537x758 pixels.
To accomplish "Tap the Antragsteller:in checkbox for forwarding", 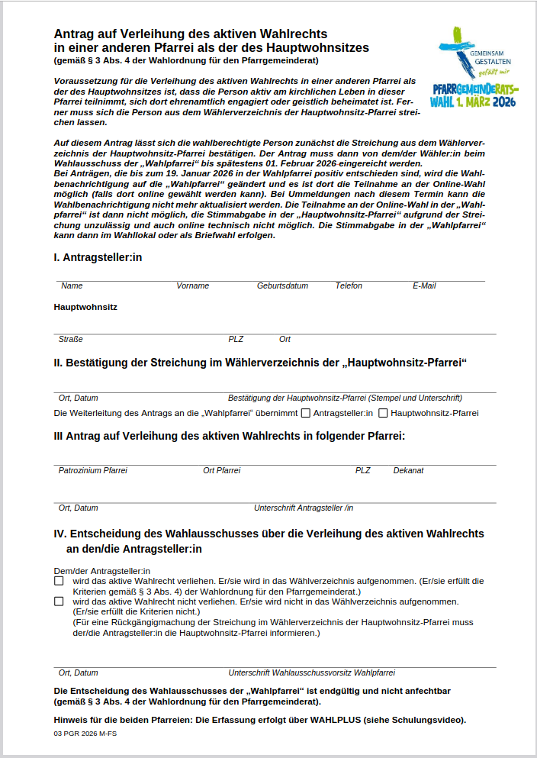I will click(306, 414).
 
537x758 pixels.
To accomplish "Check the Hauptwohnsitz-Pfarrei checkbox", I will click(384, 414).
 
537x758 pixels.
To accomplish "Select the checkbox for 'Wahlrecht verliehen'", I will click(59, 581).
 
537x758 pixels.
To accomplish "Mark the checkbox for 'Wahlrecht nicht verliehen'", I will click(59, 602).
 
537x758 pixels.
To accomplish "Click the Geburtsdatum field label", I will click(282, 286).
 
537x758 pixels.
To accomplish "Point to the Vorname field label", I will click(192, 286).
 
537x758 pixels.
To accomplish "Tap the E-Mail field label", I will click(424, 286).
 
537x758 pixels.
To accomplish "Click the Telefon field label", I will click(349, 286).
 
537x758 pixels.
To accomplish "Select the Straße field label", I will click(70, 339).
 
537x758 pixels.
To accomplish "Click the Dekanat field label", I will click(408, 471).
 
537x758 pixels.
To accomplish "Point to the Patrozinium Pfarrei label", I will click(92, 471).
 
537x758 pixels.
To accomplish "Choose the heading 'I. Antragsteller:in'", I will click(98, 258).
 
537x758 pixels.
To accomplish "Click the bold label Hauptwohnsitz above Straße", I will click(85, 308).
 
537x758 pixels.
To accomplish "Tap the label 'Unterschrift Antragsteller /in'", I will click(303, 508).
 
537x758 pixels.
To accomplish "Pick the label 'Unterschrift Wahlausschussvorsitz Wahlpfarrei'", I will click(311, 673).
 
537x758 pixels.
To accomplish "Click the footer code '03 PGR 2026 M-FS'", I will click(85, 734).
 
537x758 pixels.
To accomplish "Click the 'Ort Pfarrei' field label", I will click(221, 471).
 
